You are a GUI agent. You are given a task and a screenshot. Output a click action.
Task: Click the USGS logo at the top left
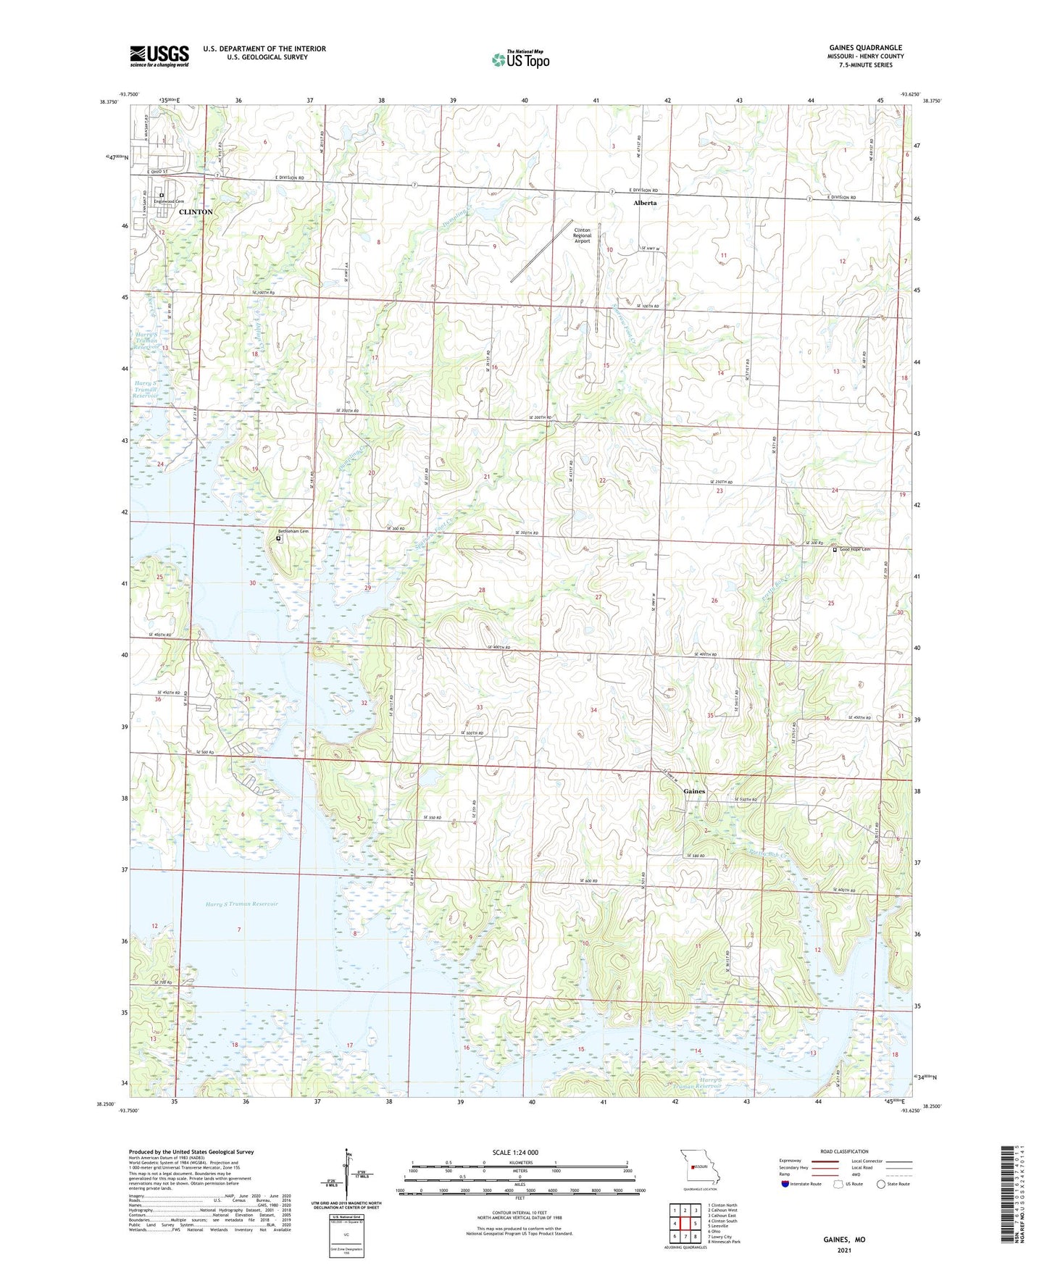(x=159, y=56)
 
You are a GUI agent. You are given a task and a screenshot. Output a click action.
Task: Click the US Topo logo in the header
(x=520, y=59)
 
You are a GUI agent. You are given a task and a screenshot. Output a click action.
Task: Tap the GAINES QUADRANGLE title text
(x=866, y=48)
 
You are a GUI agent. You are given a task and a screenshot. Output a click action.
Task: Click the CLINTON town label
(x=196, y=212)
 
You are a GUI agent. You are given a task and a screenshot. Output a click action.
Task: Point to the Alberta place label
(x=645, y=203)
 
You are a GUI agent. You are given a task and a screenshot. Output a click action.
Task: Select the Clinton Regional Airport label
(x=582, y=235)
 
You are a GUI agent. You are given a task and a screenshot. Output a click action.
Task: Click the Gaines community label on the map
(x=693, y=791)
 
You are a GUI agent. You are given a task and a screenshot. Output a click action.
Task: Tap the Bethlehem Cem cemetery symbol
(x=278, y=539)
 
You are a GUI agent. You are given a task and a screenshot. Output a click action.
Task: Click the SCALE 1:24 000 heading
(x=515, y=1153)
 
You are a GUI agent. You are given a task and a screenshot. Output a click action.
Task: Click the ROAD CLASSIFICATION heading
(x=844, y=1151)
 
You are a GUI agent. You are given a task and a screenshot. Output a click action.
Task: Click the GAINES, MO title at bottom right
(x=844, y=1240)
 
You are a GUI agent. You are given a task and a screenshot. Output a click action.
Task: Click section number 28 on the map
(x=482, y=590)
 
